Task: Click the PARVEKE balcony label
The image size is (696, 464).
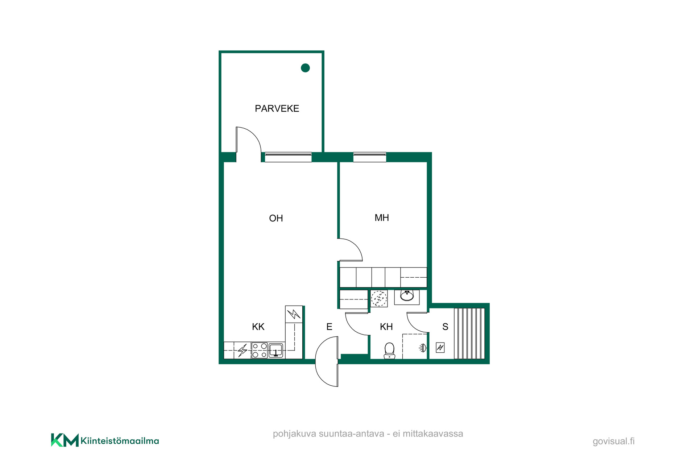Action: click(277, 108)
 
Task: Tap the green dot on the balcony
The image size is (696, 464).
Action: click(305, 68)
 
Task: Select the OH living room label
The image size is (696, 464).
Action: click(276, 218)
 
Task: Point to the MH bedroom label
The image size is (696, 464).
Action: click(382, 217)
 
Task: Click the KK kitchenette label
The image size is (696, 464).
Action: click(258, 327)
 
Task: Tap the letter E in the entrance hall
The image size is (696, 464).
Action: click(329, 327)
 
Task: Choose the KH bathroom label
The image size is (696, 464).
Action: click(386, 327)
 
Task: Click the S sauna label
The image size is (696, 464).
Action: click(445, 327)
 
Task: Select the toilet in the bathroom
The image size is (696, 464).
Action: click(389, 351)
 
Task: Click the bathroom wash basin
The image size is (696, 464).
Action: click(407, 296)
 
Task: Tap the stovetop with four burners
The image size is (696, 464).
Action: click(260, 350)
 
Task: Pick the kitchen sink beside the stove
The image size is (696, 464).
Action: click(276, 351)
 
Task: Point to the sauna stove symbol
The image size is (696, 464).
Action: click(440, 348)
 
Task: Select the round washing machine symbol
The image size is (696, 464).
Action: click(379, 298)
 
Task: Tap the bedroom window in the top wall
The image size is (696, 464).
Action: click(370, 157)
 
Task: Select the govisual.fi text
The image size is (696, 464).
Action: click(614, 441)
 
